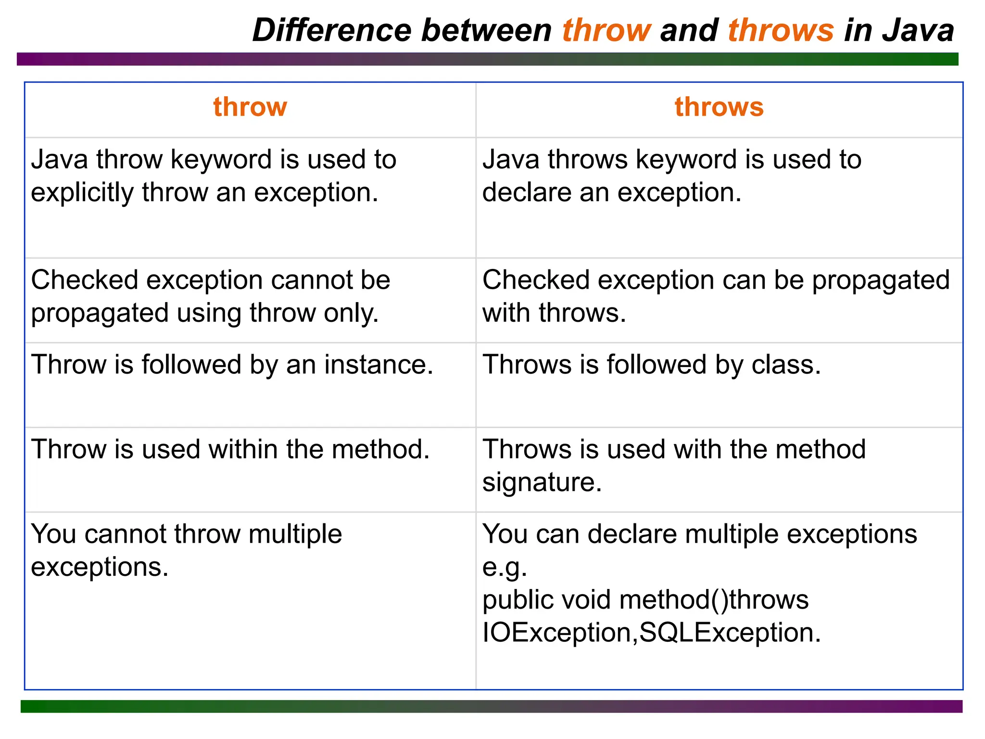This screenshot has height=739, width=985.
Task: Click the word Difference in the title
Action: (x=332, y=30)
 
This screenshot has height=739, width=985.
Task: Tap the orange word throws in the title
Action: (x=780, y=30)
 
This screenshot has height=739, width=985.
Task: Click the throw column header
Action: (x=250, y=106)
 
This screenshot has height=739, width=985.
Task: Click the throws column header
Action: (x=719, y=106)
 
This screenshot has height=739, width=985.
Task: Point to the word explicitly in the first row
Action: (x=82, y=192)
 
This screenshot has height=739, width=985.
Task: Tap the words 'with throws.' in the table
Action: (x=554, y=313)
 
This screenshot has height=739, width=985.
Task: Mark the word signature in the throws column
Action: (x=542, y=482)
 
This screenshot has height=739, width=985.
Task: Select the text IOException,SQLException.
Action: (x=651, y=632)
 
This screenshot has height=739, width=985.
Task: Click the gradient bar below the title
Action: (x=488, y=59)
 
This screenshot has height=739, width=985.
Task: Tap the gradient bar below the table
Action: (x=492, y=706)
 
